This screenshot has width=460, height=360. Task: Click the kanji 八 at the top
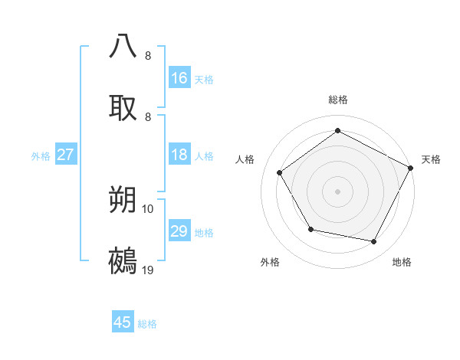click(123, 46)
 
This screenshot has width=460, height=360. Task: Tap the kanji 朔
click(123, 201)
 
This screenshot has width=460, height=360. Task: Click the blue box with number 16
click(179, 77)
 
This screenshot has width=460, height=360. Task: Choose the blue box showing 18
click(179, 155)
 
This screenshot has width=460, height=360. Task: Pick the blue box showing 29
click(179, 231)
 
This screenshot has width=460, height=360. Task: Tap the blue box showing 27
click(66, 155)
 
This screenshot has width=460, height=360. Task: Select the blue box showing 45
click(123, 322)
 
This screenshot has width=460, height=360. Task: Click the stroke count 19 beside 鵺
click(148, 270)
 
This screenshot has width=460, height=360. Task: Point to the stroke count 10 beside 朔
click(148, 208)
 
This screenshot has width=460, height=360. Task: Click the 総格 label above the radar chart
click(338, 100)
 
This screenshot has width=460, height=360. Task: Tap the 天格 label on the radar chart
click(431, 159)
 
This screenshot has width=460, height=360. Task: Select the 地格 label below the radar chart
click(402, 262)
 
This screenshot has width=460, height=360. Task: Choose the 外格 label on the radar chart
click(270, 262)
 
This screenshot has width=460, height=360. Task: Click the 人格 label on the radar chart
click(245, 159)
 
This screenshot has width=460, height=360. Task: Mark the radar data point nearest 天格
click(411, 168)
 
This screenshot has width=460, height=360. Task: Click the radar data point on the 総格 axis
click(337, 130)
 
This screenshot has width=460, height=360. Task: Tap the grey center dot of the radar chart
click(337, 191)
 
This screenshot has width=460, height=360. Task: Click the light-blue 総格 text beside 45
click(147, 324)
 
